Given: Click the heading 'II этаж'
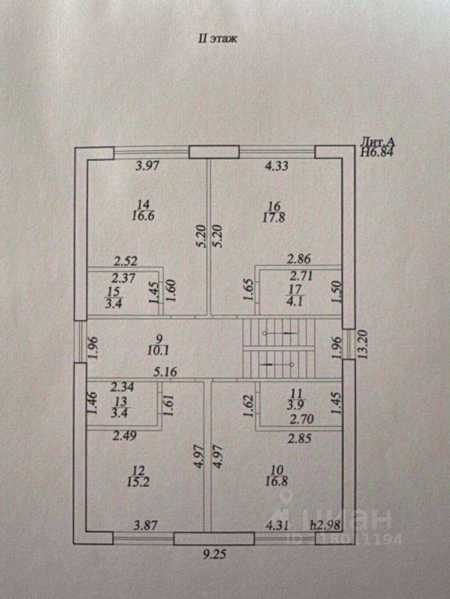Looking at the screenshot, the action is [x=219, y=39].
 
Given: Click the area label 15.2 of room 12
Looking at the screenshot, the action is [x=144, y=481].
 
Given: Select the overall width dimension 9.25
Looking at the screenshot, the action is [x=214, y=553].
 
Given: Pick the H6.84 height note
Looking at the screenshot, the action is [x=377, y=151].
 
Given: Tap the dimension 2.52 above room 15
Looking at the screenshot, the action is [x=125, y=260].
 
